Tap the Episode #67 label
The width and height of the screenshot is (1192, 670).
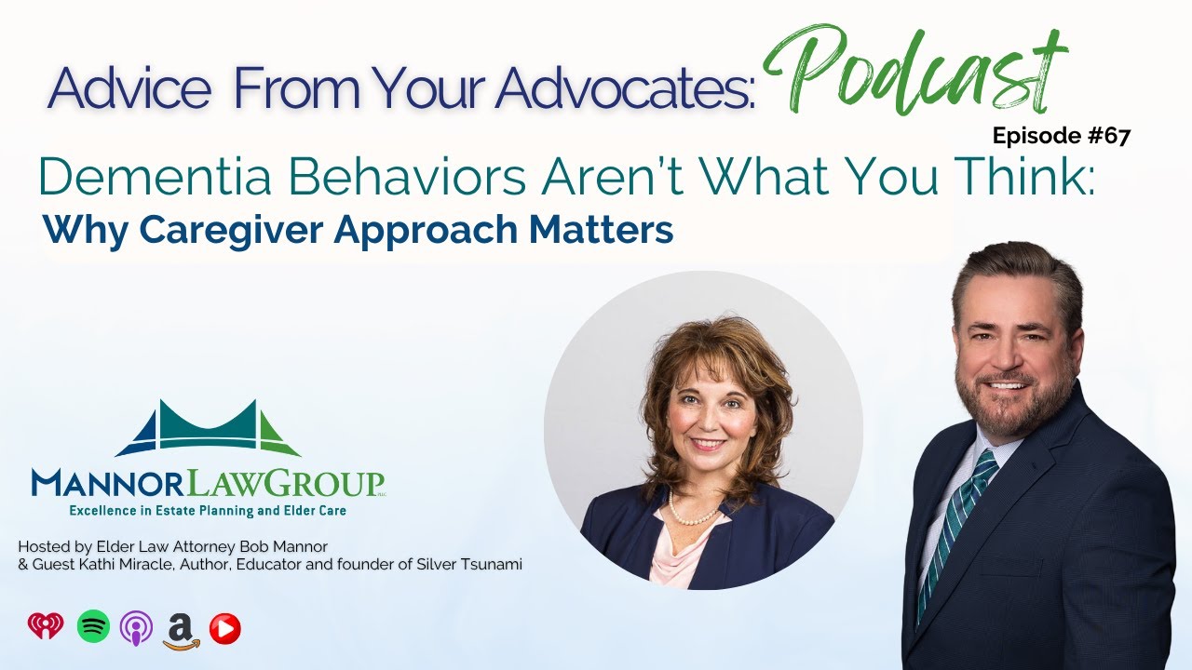(1061, 136)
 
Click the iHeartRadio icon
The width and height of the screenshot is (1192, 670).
(46, 627)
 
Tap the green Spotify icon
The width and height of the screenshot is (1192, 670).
(93, 627)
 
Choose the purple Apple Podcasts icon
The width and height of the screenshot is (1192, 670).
(136, 628)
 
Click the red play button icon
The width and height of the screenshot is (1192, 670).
(224, 629)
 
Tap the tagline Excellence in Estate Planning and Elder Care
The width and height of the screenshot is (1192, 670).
(207, 510)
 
